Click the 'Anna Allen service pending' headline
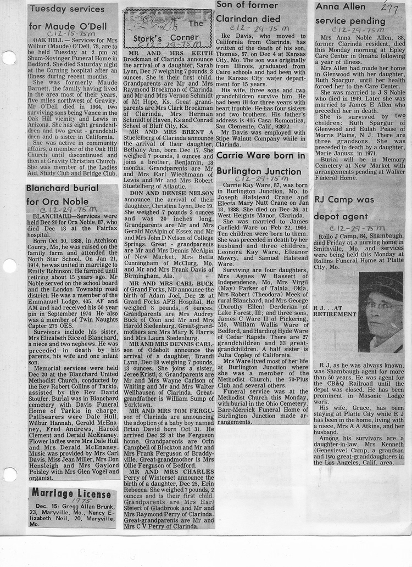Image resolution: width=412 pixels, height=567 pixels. [350, 15]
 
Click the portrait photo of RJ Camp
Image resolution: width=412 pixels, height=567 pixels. [380, 312]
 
